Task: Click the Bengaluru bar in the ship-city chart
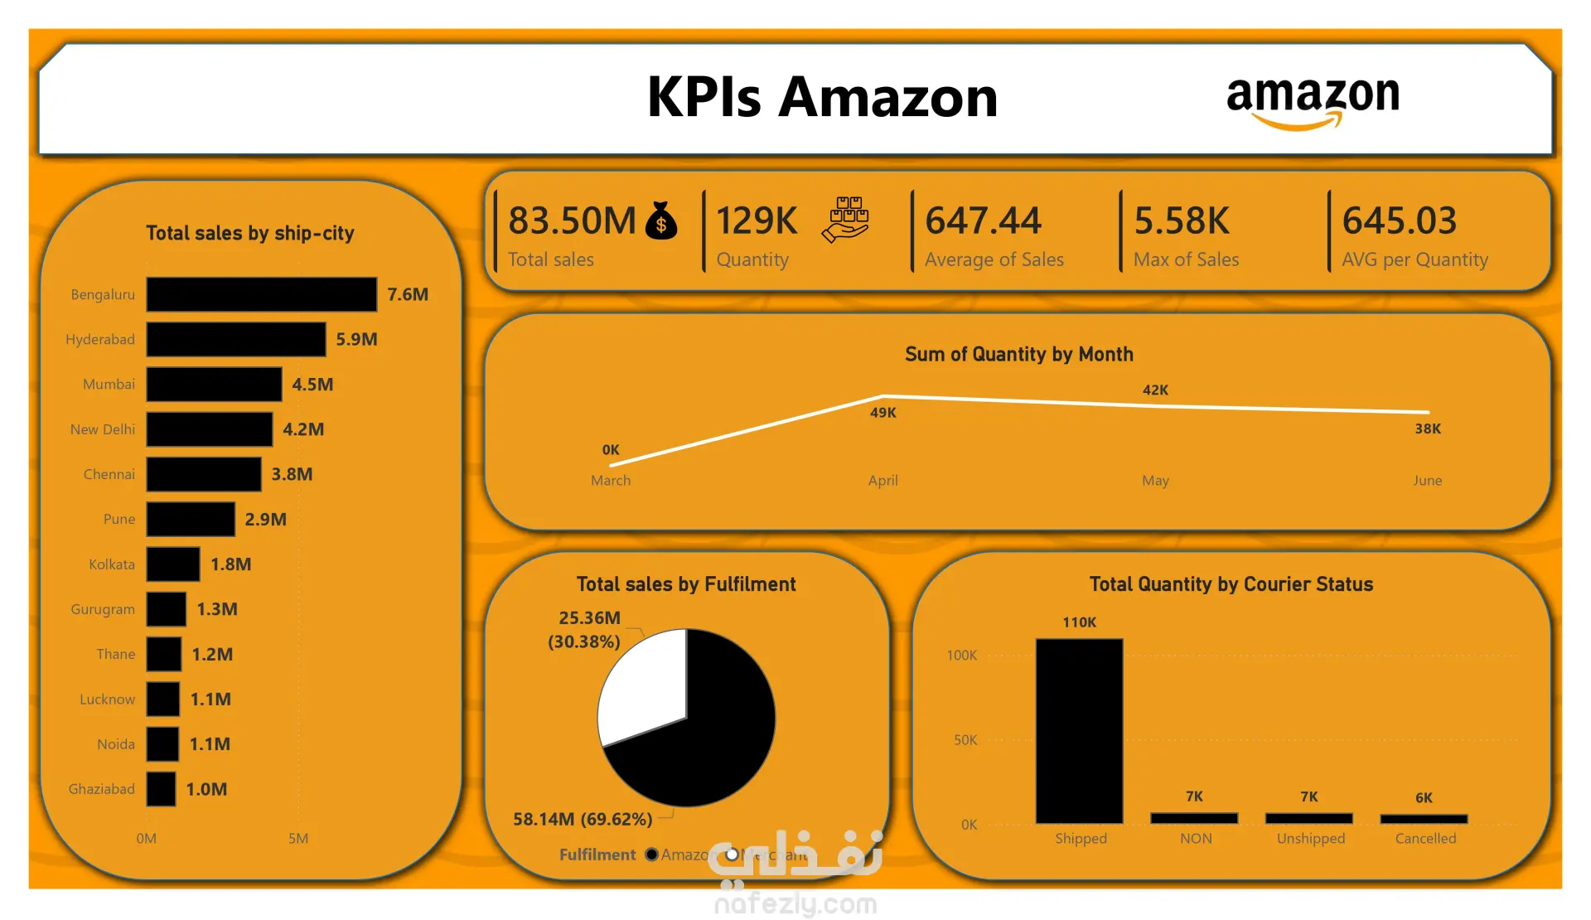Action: (x=261, y=294)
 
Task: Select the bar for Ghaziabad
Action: (x=161, y=789)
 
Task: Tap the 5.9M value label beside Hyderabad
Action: (x=356, y=339)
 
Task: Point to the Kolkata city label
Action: (x=112, y=564)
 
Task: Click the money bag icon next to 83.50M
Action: (x=661, y=221)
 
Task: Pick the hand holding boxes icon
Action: (x=845, y=220)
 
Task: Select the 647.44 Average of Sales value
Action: (x=983, y=221)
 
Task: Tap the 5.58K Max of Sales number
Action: (x=1182, y=221)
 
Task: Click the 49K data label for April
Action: (x=883, y=413)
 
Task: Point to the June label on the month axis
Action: (x=1427, y=481)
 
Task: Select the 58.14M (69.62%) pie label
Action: (x=583, y=820)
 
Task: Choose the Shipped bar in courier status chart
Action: (x=1079, y=730)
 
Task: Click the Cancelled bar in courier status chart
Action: (x=1424, y=819)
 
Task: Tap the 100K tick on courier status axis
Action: (x=961, y=656)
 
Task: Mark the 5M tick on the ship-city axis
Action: (x=298, y=839)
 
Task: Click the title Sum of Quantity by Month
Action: (x=1018, y=355)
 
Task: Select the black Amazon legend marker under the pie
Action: (x=652, y=855)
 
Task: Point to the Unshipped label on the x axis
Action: (x=1310, y=839)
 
